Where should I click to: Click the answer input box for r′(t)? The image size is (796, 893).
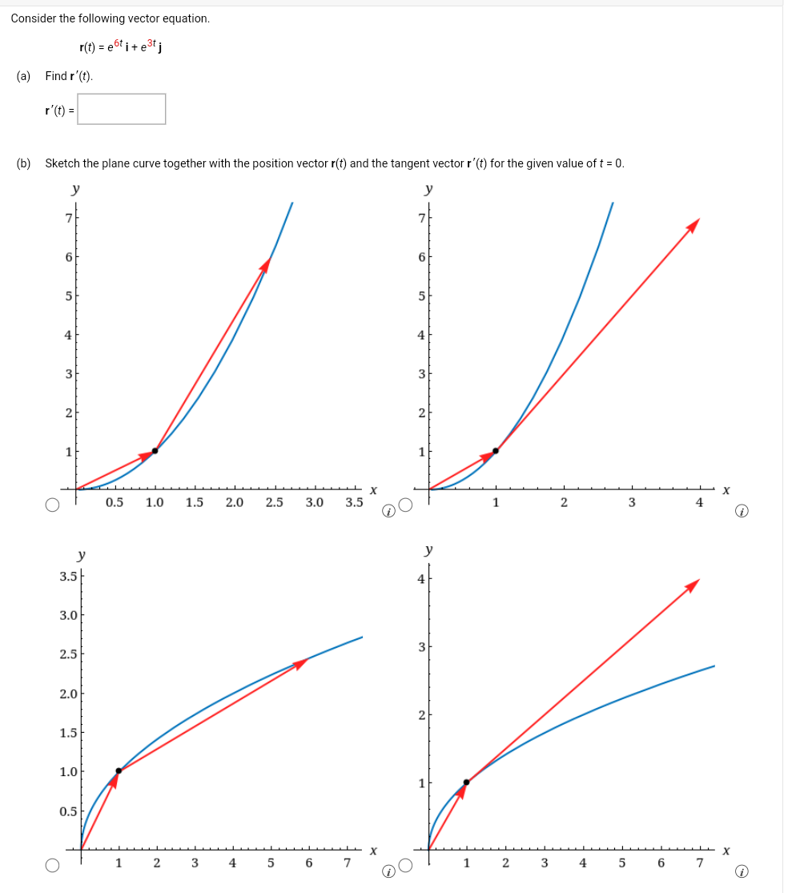pyautogui.click(x=122, y=109)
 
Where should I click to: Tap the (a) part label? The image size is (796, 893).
pyautogui.click(x=24, y=76)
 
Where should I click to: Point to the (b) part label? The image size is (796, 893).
pyautogui.click(x=24, y=163)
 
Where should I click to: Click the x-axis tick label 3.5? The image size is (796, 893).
pyautogui.click(x=355, y=503)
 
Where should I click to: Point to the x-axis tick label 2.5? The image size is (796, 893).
pyautogui.click(x=275, y=503)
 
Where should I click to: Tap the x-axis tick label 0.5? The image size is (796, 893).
pyautogui.click(x=115, y=503)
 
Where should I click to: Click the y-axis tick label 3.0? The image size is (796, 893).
pyautogui.click(x=69, y=615)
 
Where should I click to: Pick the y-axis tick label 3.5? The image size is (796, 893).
pyautogui.click(x=69, y=576)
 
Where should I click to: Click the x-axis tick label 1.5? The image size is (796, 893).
pyautogui.click(x=195, y=503)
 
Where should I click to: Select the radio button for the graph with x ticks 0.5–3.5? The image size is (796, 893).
pyautogui.click(x=52, y=505)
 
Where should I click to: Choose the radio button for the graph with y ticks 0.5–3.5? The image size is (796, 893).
pyautogui.click(x=52, y=865)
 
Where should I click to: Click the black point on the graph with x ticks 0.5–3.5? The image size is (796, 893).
pyautogui.click(x=155, y=450)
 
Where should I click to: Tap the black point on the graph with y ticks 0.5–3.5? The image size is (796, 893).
pyautogui.click(x=119, y=770)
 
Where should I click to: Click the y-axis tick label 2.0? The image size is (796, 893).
pyautogui.click(x=69, y=694)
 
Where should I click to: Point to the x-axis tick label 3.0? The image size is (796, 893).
pyautogui.click(x=315, y=503)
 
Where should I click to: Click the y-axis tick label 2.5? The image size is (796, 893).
pyautogui.click(x=69, y=654)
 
